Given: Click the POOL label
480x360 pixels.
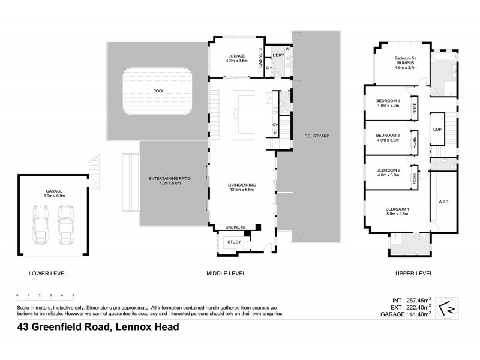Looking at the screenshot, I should [158, 91].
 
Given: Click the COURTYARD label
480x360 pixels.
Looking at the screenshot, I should [317, 136].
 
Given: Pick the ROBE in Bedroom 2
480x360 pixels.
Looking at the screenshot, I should [414, 178].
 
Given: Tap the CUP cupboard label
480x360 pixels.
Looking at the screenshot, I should [437, 129].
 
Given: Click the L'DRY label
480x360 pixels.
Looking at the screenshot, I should [278, 56].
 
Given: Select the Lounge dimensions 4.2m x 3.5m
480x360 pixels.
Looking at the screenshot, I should [236, 61].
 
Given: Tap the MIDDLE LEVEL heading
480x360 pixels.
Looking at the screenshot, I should [226, 273].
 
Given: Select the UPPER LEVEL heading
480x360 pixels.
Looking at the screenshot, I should [413, 273].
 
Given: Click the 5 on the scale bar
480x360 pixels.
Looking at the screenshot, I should [73, 296].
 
